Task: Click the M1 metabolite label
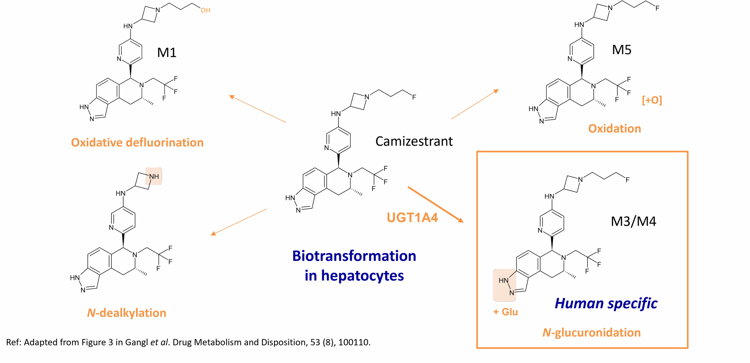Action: (167, 53)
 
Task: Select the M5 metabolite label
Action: (622, 50)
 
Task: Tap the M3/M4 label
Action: (633, 222)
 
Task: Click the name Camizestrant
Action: (414, 142)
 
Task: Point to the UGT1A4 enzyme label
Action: (412, 218)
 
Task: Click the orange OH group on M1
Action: (205, 11)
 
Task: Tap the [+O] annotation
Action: (652, 100)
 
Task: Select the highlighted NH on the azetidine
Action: (154, 176)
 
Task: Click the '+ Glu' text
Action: (505, 312)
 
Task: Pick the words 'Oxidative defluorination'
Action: (137, 143)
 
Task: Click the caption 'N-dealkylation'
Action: (127, 313)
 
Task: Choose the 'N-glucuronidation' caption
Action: (592, 333)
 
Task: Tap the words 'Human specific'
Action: (606, 303)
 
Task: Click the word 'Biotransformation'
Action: (354, 256)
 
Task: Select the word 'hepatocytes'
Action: (362, 276)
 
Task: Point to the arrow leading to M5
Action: (475, 104)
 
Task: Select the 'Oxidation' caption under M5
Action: (614, 129)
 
